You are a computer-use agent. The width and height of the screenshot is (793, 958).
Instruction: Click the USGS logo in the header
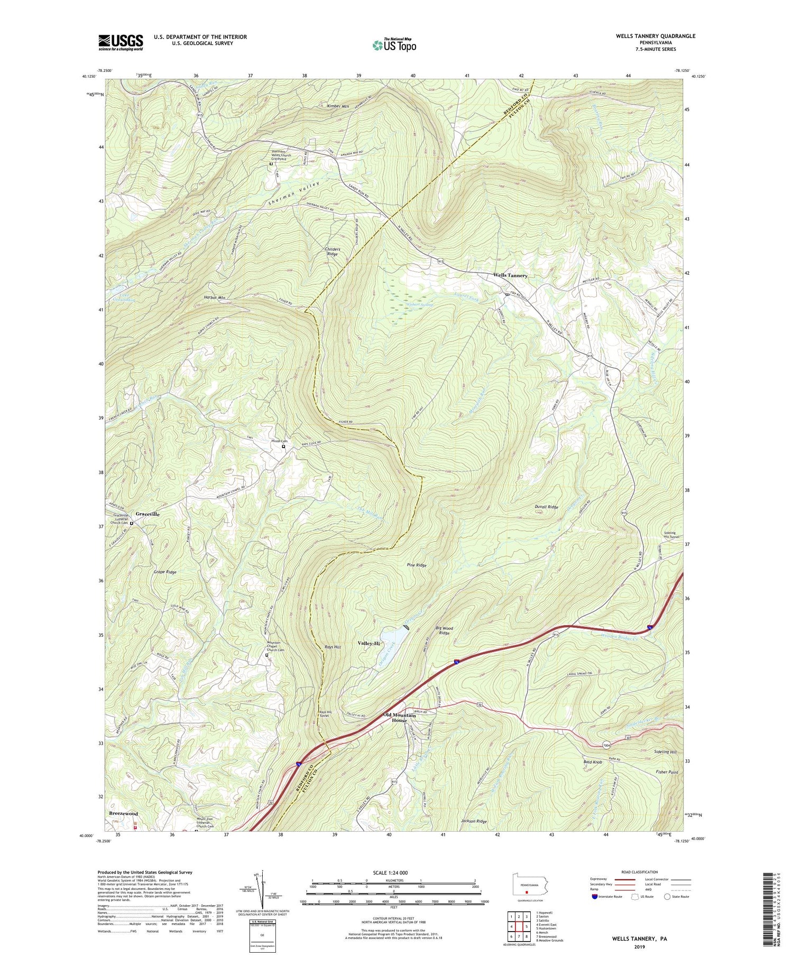[x=121, y=42]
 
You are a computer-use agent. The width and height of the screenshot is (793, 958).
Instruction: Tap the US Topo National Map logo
[x=394, y=45]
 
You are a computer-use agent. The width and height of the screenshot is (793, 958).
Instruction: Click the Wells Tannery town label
[x=510, y=275]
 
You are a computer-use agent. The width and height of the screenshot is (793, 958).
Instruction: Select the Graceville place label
[x=147, y=514]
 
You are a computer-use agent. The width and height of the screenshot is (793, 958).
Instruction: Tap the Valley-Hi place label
[x=369, y=643]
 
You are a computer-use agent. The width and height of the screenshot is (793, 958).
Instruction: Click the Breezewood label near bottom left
[x=123, y=814]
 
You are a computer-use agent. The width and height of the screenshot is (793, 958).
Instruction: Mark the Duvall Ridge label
[x=546, y=507]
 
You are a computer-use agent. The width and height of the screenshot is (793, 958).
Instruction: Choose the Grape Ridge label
[x=165, y=572]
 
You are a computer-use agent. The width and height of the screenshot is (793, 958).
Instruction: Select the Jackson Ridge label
[x=473, y=821]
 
